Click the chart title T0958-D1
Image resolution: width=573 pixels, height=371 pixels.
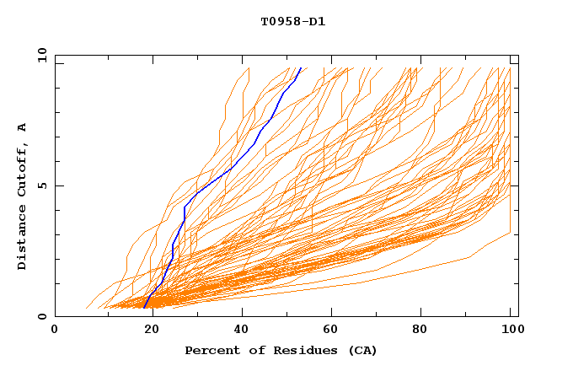pyautogui.click(x=292, y=21)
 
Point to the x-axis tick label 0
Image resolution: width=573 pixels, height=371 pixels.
pyautogui.click(x=55, y=330)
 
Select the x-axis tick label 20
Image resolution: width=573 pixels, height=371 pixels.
pyautogui.click(x=146, y=330)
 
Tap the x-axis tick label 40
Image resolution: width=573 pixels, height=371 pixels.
pyautogui.click(x=237, y=330)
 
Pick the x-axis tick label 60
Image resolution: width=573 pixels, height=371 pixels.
pyautogui.click(x=329, y=330)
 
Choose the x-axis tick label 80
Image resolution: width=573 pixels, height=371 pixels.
pyautogui.click(x=420, y=330)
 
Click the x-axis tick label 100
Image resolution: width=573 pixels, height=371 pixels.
pyautogui.click(x=511, y=330)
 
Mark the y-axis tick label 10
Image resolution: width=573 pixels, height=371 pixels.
pyautogui.click(x=40, y=56)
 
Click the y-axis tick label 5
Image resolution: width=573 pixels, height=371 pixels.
pyautogui.click(x=43, y=185)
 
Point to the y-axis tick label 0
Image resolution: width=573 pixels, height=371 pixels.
pyautogui.click(x=43, y=316)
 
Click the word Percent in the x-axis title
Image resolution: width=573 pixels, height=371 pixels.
pyautogui.click(x=210, y=350)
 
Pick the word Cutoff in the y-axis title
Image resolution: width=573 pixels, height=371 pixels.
pyautogui.click(x=23, y=164)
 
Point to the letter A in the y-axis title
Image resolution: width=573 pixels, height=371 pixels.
pyautogui.click(x=23, y=126)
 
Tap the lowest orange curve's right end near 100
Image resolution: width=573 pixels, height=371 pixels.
pyautogui.click(x=511, y=233)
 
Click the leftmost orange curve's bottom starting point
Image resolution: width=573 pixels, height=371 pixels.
pyautogui.click(x=87, y=308)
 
